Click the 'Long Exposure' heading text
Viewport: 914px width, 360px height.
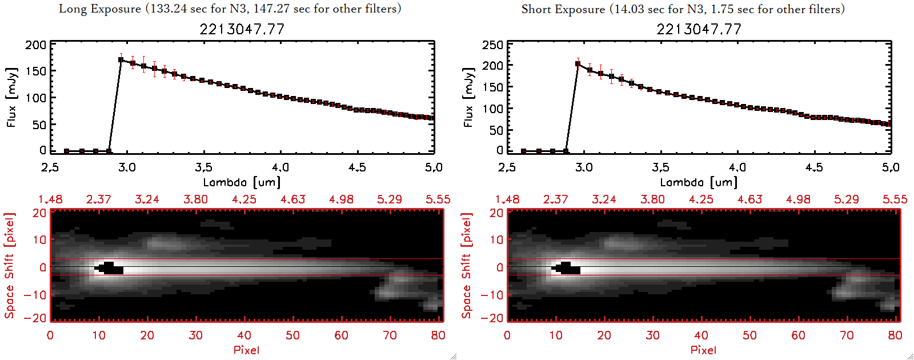coord(100,9)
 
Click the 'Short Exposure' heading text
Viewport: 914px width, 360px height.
coord(563,9)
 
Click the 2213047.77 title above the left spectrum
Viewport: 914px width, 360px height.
coord(242,29)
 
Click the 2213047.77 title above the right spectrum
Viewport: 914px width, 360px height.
coord(699,29)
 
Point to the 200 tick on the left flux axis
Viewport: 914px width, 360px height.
coord(35,45)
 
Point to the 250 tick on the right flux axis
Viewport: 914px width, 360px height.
coord(492,45)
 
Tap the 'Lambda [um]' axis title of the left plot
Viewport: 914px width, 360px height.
coord(242,182)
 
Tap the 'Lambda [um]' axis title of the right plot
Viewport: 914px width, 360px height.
coord(699,182)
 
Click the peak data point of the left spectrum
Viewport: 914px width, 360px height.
coord(121,59)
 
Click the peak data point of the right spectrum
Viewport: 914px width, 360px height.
coord(578,63)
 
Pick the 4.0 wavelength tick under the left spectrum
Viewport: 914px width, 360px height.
coord(280,167)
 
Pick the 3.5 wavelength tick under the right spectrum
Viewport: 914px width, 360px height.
coord(660,167)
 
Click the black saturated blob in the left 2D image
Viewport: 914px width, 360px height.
coord(110,268)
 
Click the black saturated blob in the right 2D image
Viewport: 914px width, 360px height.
coord(567,268)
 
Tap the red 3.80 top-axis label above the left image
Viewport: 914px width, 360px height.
coord(195,199)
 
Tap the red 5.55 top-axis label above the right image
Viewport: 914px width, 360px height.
coord(895,199)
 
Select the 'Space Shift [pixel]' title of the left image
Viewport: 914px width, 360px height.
coord(10,266)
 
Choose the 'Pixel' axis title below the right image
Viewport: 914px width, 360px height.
coord(703,350)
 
